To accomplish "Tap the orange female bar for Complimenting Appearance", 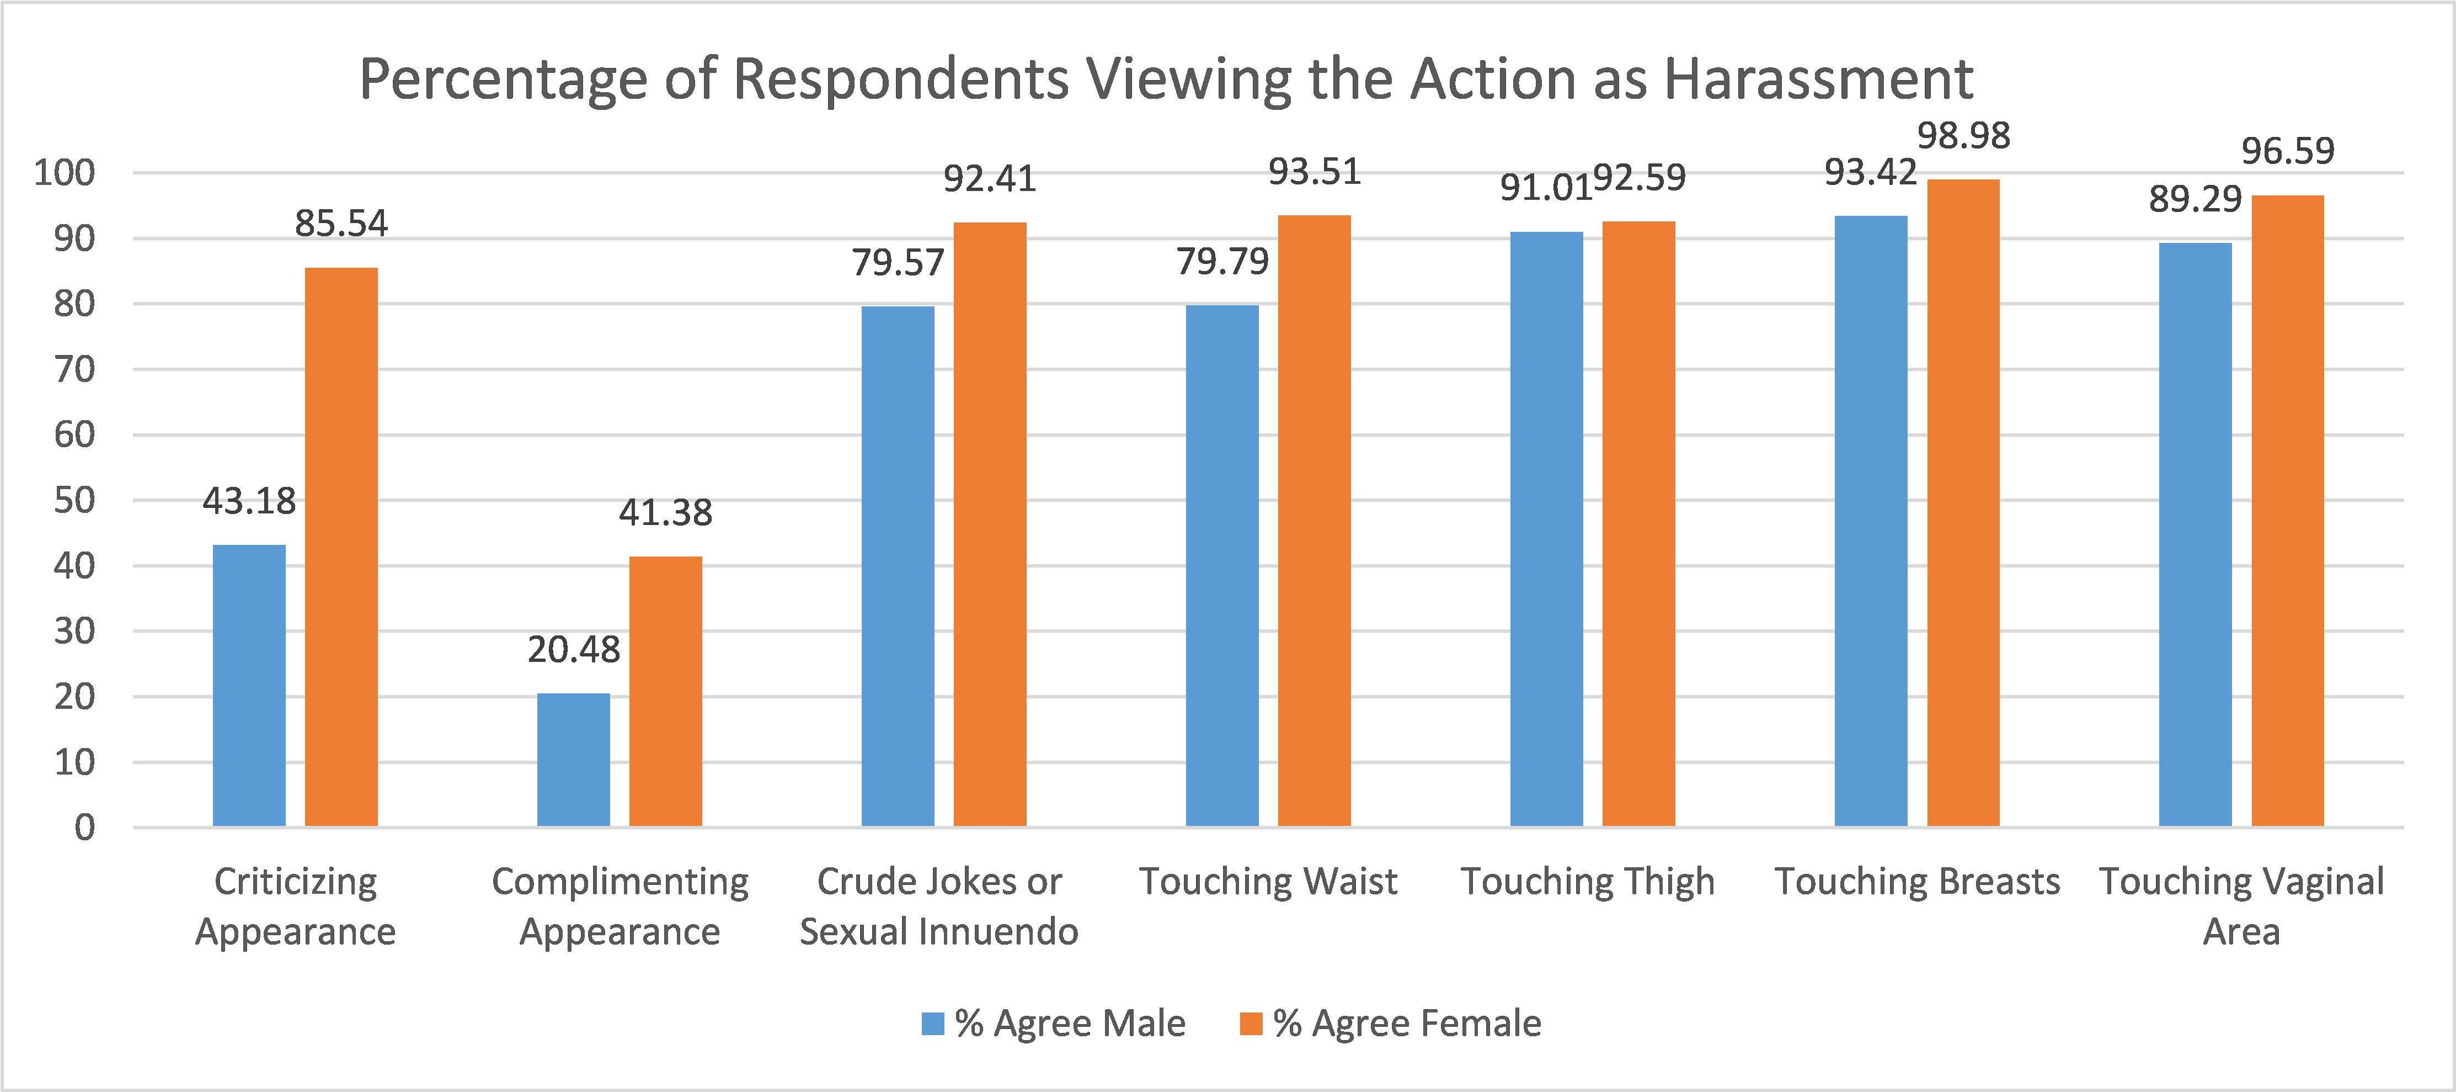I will coord(665,691).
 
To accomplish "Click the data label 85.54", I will coord(341,224).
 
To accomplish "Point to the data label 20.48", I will coord(574,649).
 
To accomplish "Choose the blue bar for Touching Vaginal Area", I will coord(2195,534).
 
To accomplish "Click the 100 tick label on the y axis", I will coord(65,173).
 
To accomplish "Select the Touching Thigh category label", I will coord(1588,881).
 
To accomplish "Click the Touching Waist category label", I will coord(1268,881).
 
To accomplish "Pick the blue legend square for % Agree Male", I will coord(932,1024).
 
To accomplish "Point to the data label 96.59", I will coord(2287,151).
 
